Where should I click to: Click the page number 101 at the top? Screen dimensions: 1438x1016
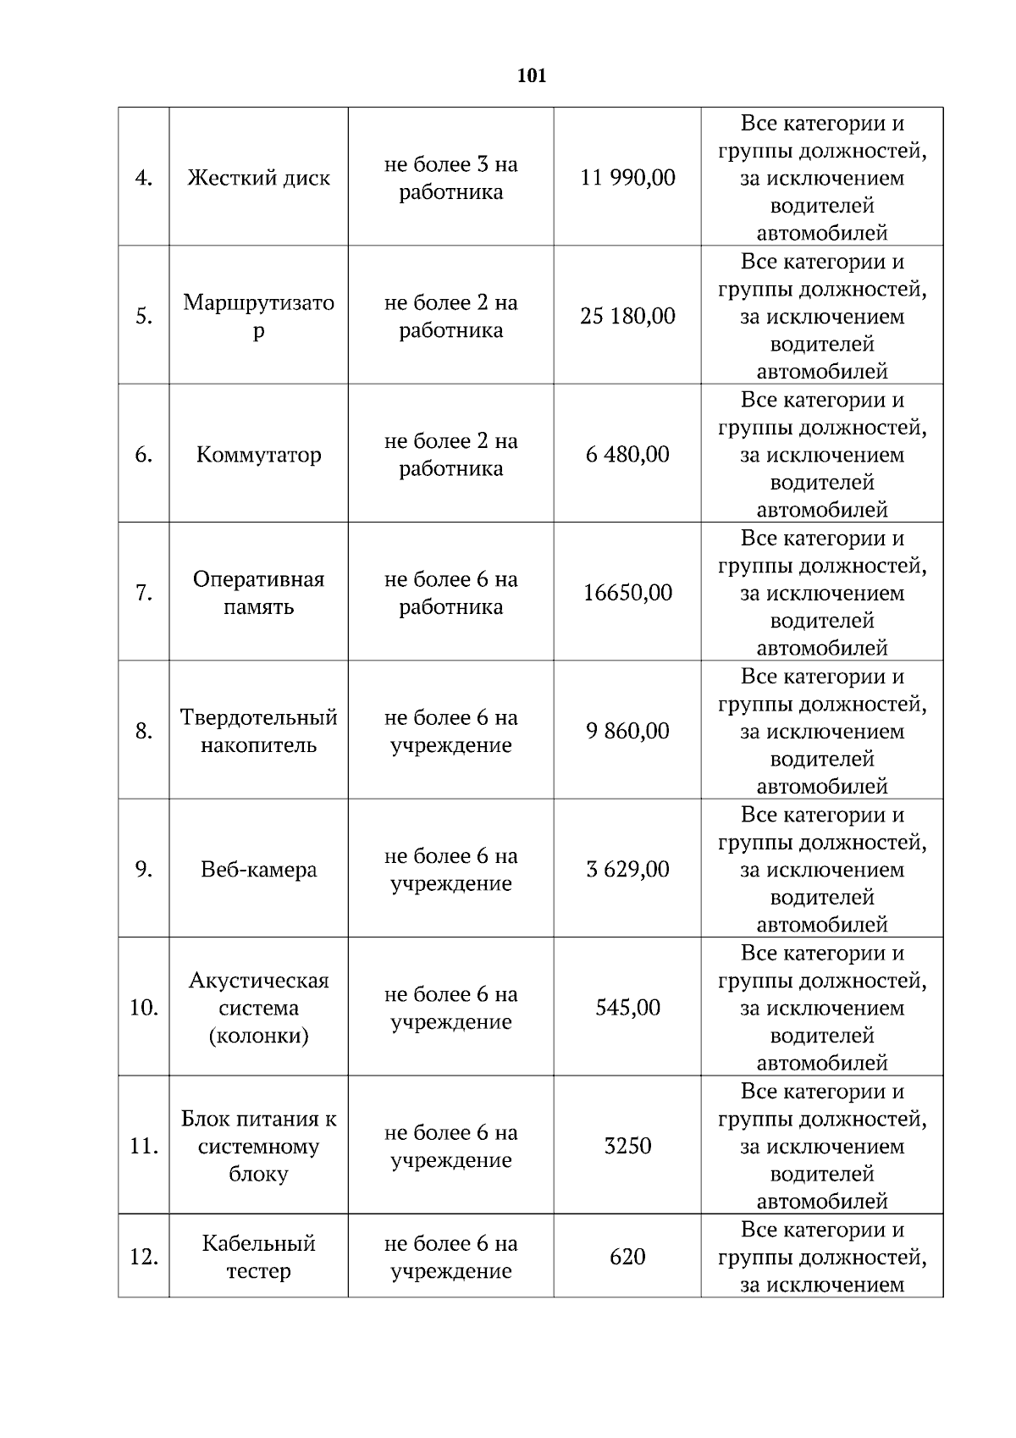[532, 76]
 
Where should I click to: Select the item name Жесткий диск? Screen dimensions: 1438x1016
[258, 178]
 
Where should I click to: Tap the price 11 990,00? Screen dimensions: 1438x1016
[627, 178]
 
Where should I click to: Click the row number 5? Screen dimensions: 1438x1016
[144, 317]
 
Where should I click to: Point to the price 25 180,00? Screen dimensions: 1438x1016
[627, 317]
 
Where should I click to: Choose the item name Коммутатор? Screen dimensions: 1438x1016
[258, 455]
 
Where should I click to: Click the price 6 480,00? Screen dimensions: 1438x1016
[627, 455]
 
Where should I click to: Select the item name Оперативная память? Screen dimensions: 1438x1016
[258, 593]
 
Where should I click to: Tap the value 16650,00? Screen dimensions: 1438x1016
[627, 593]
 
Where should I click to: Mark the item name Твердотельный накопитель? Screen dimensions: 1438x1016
[258, 732]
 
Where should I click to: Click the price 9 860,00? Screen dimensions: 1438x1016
[627, 732]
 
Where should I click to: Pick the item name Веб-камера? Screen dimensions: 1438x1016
[258, 870]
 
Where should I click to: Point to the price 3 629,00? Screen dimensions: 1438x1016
[627, 870]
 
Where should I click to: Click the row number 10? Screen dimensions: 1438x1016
[144, 1008]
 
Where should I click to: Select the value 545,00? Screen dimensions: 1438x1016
[627, 1008]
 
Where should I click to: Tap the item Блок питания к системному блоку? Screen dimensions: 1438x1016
[258, 1147]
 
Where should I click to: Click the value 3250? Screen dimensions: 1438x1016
[627, 1147]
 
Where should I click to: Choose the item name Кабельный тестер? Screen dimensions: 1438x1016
[258, 1258]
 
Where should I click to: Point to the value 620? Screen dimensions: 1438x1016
[627, 1258]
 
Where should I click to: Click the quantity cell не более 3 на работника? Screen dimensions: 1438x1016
[450, 178]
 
